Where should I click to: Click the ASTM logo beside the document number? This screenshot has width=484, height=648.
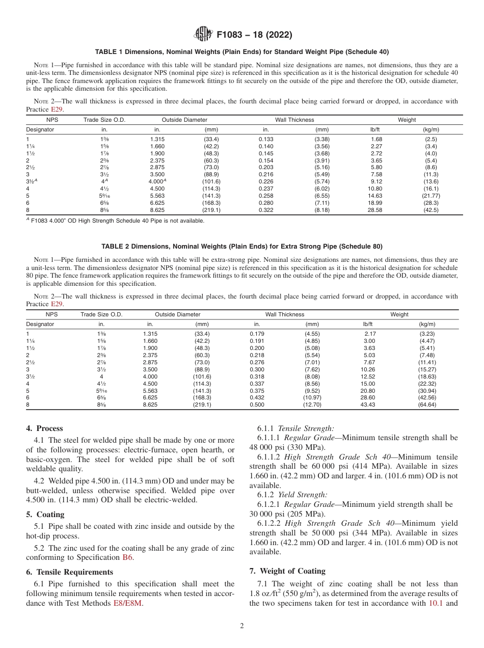pyautogui.click(x=203, y=35)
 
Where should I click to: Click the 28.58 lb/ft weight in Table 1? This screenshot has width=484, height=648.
pyautogui.click(x=375, y=210)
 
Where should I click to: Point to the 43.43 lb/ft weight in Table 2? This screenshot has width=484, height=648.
pyautogui.click(x=367, y=405)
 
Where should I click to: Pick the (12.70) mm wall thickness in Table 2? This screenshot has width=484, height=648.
pyautogui.click(x=312, y=405)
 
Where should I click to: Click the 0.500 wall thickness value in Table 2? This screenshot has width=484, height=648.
pyautogui.click(x=257, y=405)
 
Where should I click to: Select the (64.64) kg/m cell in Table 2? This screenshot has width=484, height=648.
pyautogui.click(x=427, y=405)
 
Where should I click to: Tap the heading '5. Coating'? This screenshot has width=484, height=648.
pyautogui.click(x=45, y=515)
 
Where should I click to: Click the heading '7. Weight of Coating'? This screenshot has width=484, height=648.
pyautogui.click(x=287, y=571)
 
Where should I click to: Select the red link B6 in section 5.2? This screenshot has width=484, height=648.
pyautogui.click(x=127, y=558)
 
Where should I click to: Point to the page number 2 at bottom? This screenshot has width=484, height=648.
pyautogui.click(x=242, y=626)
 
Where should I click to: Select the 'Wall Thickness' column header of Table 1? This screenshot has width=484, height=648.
pyautogui.click(x=294, y=120)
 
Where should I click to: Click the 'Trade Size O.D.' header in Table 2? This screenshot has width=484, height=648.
pyautogui.click(x=101, y=314)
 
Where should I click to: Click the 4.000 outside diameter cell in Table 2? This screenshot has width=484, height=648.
pyautogui.click(x=150, y=376)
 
